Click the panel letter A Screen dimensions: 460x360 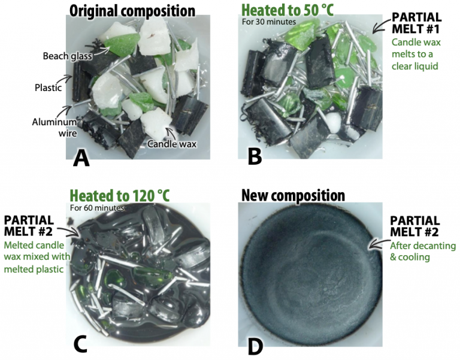(x=81, y=158)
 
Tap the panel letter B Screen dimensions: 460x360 (x=255, y=156)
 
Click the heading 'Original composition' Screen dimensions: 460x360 (x=132, y=11)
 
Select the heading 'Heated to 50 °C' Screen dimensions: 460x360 (x=287, y=10)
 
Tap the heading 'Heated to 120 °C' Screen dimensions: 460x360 (x=120, y=195)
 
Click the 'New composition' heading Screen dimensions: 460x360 (x=293, y=195)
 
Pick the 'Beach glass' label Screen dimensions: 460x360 (x=67, y=56)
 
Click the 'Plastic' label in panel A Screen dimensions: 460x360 (x=48, y=87)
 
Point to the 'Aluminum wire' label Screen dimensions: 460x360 (x=55, y=128)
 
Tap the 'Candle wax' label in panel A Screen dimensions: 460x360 (x=172, y=144)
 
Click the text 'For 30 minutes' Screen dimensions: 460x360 (x=269, y=22)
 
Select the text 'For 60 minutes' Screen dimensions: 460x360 (x=97, y=208)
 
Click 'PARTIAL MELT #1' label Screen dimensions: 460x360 (x=417, y=23)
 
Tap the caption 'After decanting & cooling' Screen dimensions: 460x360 (x=423, y=252)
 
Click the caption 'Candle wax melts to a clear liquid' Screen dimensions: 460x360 (x=416, y=54)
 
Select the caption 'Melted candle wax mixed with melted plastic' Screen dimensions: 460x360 (x=37, y=257)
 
